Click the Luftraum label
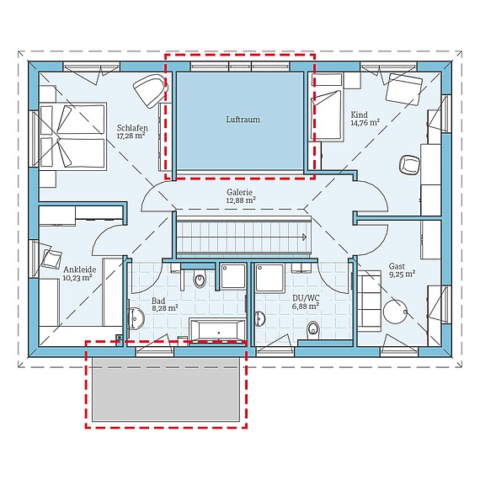tap(243, 120)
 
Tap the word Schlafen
tap(132, 128)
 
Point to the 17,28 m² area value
tap(132, 136)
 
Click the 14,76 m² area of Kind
tap(364, 122)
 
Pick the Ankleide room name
tap(78, 271)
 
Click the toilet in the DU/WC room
tap(314, 328)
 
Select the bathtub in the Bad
tap(217, 331)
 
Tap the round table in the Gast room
tap(396, 313)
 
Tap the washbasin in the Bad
tap(138, 320)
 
